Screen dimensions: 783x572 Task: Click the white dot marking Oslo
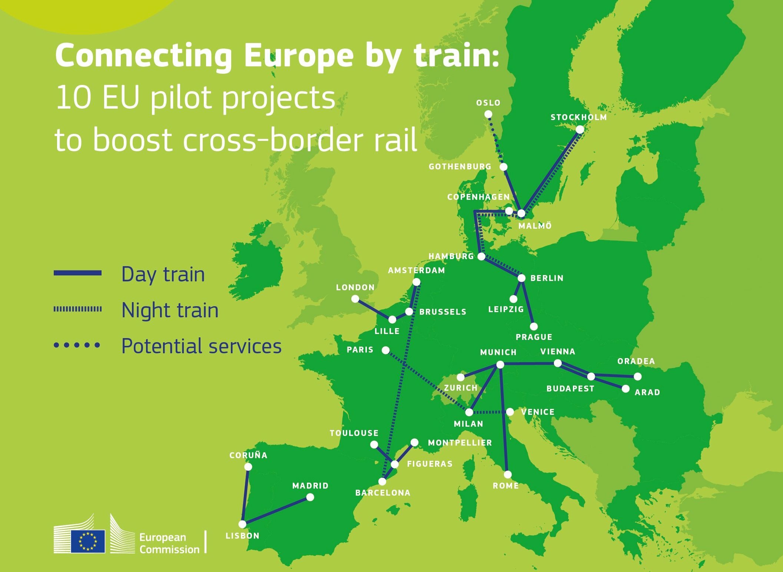click(x=488, y=114)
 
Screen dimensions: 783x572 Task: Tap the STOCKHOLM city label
click(x=579, y=118)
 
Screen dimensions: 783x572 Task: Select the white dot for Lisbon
click(x=242, y=524)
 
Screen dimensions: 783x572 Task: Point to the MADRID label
click(x=311, y=486)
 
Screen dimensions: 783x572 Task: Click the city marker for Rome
click(x=508, y=475)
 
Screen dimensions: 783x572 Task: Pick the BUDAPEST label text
click(x=570, y=389)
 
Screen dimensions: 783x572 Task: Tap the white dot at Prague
click(x=534, y=327)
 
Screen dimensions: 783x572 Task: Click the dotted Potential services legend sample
click(x=77, y=345)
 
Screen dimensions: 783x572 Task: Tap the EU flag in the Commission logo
click(x=88, y=541)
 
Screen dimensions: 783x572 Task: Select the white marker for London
click(x=355, y=299)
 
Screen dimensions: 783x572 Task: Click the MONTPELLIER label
click(x=460, y=443)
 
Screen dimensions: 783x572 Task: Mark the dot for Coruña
click(x=248, y=467)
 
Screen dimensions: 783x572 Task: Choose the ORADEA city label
click(x=636, y=361)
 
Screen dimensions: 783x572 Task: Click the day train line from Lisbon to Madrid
click(x=276, y=511)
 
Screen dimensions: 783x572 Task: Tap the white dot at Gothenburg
click(x=503, y=167)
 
